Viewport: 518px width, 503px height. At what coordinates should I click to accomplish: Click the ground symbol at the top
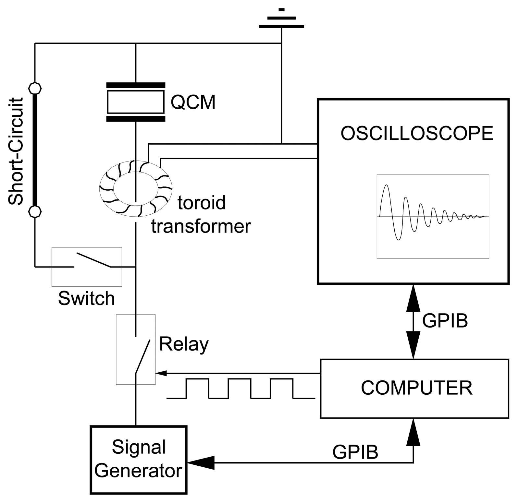click(281, 20)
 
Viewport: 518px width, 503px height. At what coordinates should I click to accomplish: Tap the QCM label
click(193, 102)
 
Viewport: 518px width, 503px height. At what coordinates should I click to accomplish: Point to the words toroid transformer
click(201, 214)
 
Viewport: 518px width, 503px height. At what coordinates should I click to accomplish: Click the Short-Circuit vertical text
click(16, 151)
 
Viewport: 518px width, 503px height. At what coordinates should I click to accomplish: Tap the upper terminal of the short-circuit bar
click(35, 88)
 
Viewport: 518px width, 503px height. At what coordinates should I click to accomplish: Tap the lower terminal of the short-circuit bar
click(35, 211)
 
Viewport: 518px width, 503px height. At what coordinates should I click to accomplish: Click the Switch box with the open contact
click(87, 267)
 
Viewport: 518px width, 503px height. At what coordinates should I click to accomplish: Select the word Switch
click(86, 299)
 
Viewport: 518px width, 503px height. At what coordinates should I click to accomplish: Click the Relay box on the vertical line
click(136, 349)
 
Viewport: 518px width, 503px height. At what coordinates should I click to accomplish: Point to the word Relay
click(184, 344)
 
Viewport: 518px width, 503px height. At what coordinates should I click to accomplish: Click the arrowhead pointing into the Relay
click(161, 373)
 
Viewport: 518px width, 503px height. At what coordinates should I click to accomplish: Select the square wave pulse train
click(240, 389)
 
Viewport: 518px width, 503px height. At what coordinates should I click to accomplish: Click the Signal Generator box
click(139, 460)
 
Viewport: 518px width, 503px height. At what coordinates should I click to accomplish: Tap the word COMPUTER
click(416, 388)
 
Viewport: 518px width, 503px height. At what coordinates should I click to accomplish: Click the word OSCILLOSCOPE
click(417, 133)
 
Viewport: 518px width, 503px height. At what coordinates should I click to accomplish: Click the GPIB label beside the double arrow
click(445, 321)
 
